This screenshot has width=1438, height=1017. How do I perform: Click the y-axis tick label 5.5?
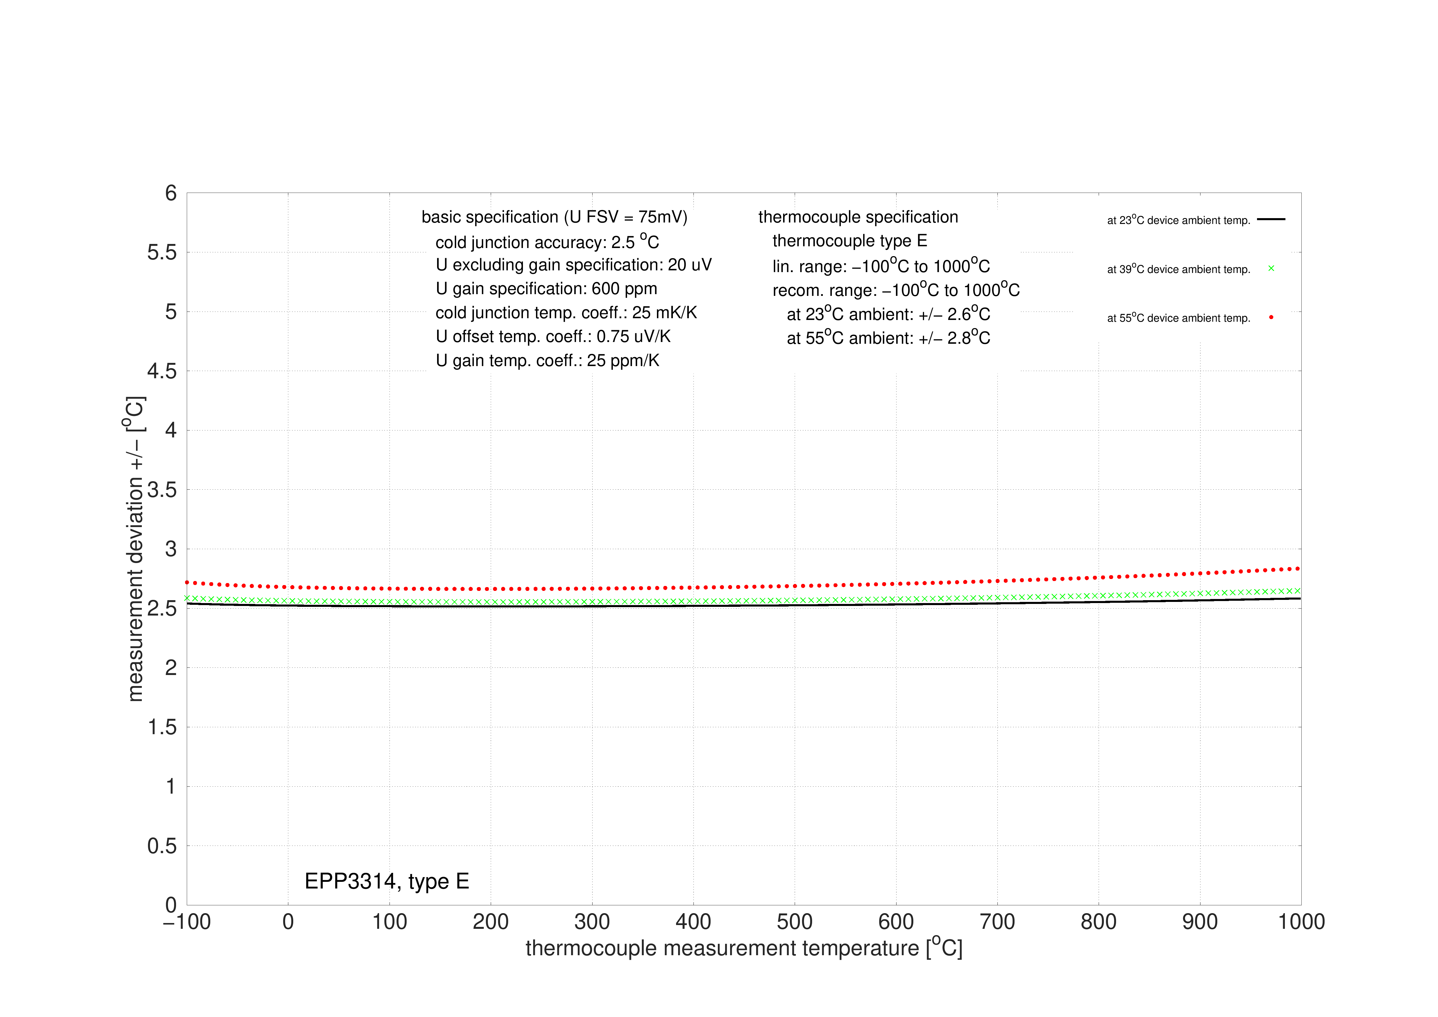pyautogui.click(x=162, y=252)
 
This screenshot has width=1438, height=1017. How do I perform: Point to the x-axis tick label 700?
pyautogui.click(x=997, y=922)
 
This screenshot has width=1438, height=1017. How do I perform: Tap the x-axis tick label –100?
pyautogui.click(x=187, y=922)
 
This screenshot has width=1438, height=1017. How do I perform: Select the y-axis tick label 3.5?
pyautogui.click(x=162, y=490)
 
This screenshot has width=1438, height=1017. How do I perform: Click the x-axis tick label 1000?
pyautogui.click(x=1301, y=922)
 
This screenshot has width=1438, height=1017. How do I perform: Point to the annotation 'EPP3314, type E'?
pyautogui.click(x=386, y=881)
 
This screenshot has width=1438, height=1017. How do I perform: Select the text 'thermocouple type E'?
pyautogui.click(x=849, y=241)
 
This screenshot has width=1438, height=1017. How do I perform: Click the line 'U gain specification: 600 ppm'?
pyautogui.click(x=546, y=289)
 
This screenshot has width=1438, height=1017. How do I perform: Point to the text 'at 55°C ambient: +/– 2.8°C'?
pyautogui.click(x=888, y=338)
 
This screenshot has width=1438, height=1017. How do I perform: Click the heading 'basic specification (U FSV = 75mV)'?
pyautogui.click(x=554, y=217)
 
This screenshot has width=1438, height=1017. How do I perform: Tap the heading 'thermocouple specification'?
pyautogui.click(x=858, y=217)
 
